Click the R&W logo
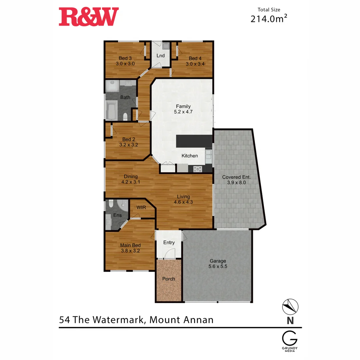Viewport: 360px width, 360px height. [x=89, y=17]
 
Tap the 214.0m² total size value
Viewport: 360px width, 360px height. [x=269, y=19]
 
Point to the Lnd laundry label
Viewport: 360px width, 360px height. [x=160, y=56]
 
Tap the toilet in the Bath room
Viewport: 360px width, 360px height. [x=125, y=116]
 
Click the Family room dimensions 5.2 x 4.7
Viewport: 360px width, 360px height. [x=183, y=112]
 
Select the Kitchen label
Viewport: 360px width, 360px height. [x=190, y=156]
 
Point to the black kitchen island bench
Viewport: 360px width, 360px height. [x=194, y=141]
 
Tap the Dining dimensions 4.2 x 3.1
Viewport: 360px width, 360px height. [x=131, y=182]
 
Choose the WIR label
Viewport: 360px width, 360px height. [x=141, y=207]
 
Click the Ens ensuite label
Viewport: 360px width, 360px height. [x=117, y=215]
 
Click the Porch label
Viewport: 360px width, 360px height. [x=169, y=279]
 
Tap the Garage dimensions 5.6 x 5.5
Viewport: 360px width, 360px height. [x=218, y=266]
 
